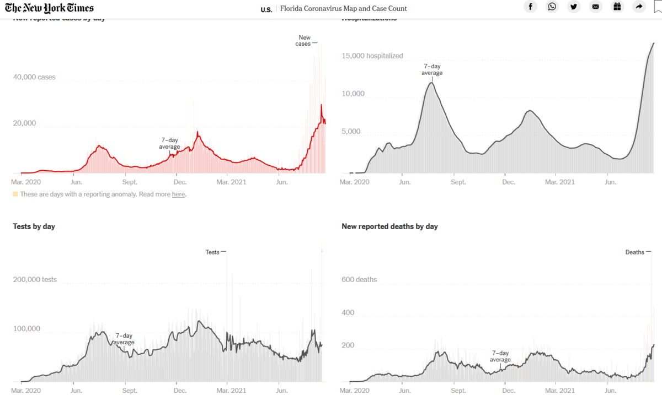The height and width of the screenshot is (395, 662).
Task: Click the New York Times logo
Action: click(x=49, y=8)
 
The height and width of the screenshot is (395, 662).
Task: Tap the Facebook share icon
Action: click(x=530, y=7)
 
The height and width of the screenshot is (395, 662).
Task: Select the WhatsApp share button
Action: click(x=552, y=7)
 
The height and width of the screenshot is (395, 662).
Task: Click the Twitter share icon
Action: click(x=574, y=7)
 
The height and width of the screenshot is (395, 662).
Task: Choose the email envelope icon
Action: click(x=595, y=7)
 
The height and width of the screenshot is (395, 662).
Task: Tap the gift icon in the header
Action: click(x=617, y=7)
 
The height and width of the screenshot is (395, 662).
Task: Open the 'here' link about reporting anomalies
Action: click(x=178, y=194)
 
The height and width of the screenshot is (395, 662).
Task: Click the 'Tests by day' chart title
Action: click(x=34, y=226)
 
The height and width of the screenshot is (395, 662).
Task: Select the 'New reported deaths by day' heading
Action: click(x=389, y=226)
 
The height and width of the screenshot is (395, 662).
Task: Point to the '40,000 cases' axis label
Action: click(x=34, y=77)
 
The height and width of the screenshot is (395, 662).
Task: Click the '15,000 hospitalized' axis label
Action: click(x=372, y=56)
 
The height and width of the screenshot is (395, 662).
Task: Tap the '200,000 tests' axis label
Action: click(x=35, y=280)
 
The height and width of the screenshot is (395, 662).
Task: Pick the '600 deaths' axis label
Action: click(x=359, y=279)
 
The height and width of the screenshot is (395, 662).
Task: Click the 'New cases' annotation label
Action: click(x=303, y=41)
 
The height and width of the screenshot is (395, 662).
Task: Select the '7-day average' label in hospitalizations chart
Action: click(x=432, y=69)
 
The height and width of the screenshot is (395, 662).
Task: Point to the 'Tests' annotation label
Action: click(x=212, y=252)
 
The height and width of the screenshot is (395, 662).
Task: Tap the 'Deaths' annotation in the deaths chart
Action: click(x=634, y=252)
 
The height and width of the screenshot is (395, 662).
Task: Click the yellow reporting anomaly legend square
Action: click(x=15, y=194)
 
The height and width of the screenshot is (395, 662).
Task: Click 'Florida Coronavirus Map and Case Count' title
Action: click(x=343, y=8)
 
